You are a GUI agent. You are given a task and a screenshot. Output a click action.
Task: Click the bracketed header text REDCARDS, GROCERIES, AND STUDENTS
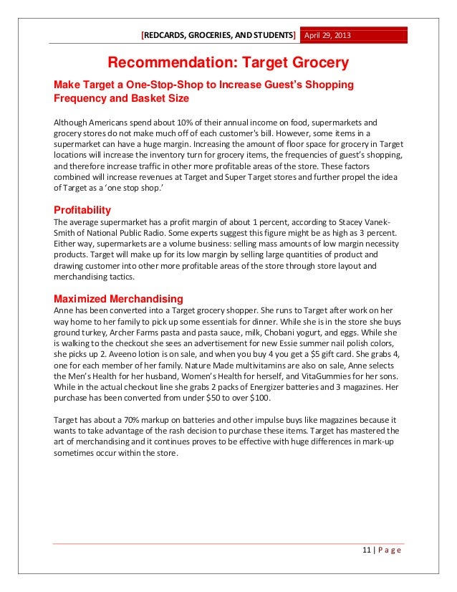click(218, 36)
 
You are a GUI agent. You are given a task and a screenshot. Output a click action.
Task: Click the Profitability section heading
click(82, 210)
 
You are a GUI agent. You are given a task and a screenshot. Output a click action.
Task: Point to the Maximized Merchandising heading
click(118, 298)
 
